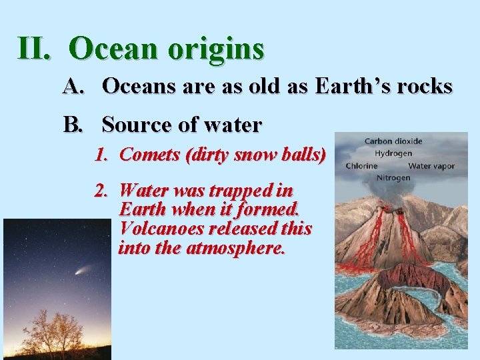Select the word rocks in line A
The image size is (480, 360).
tap(425, 86)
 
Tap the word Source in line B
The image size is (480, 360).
tap(137, 125)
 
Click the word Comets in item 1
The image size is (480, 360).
tap(151, 155)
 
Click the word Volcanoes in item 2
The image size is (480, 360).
tap(163, 229)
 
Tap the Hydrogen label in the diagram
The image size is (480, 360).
tap(393, 153)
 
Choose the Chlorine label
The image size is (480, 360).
tap(362, 166)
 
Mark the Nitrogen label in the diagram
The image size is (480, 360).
tap(393, 178)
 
